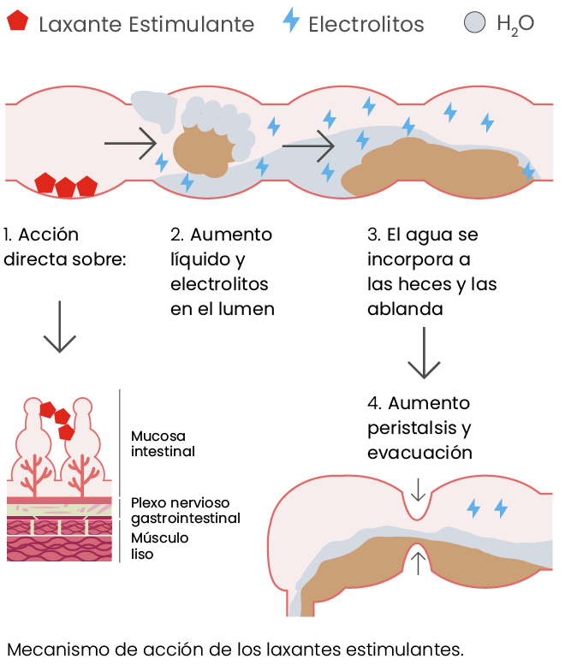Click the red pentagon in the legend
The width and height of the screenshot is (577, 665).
click(15, 21)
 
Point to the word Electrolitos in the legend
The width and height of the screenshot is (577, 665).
click(366, 25)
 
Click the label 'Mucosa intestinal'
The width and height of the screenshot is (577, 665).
click(163, 443)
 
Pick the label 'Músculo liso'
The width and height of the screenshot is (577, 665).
click(159, 545)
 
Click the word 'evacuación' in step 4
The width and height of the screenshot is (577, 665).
click(419, 453)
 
